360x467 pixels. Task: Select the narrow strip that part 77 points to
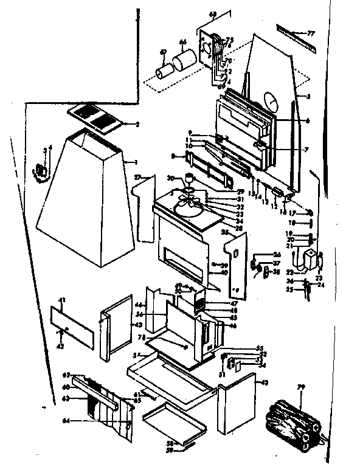coord(291,31)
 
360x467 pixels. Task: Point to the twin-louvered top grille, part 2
coord(94,117)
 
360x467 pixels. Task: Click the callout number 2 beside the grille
coord(137,124)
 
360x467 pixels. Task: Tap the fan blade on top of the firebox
coord(190,207)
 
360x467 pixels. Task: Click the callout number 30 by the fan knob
coord(170,178)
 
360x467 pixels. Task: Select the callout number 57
coord(136,355)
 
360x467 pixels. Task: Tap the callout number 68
coord(195,13)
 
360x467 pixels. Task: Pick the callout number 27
coord(137,176)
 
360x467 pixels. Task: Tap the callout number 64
coord(66,420)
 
